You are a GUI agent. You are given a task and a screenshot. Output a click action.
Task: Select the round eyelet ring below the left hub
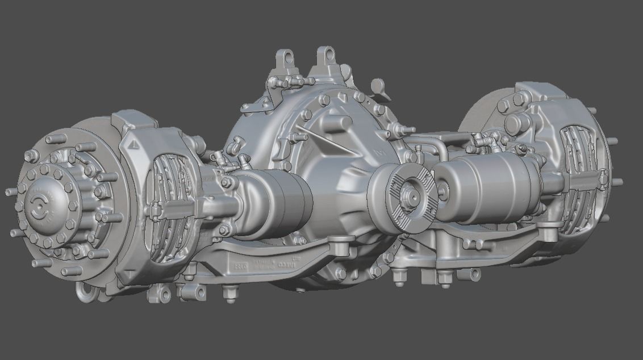coord(86,292)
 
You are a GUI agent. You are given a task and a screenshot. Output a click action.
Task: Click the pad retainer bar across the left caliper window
coord(165,211)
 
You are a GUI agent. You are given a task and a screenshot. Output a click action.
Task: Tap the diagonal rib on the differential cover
coord(324,139)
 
